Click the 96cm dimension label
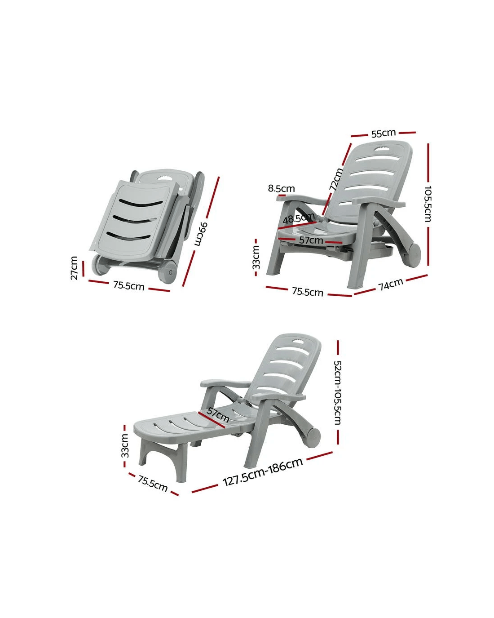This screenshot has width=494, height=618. tap(200, 233)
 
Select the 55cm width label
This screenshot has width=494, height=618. tap(384, 133)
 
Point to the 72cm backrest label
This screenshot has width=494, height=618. tap(336, 179)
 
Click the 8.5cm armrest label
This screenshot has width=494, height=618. tap(281, 188)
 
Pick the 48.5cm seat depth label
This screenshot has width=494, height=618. tap(299, 218)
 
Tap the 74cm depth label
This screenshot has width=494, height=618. tap(391, 284)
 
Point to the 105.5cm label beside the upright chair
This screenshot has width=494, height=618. tap(428, 204)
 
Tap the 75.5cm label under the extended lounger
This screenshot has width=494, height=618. tap(153, 483)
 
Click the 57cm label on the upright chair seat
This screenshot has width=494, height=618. tap(311, 240)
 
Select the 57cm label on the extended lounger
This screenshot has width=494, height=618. tap(218, 415)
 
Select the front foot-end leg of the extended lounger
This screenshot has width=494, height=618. tap(180, 467)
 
